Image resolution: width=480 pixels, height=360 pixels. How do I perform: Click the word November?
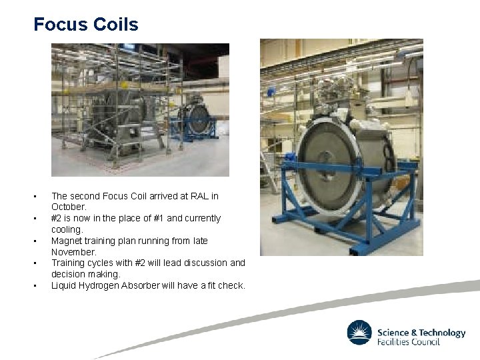pos(73,252)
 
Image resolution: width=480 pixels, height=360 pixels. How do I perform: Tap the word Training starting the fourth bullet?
pos(69,263)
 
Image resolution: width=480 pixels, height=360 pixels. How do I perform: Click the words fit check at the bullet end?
pos(225,285)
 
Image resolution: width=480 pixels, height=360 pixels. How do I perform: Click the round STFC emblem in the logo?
pos(359,333)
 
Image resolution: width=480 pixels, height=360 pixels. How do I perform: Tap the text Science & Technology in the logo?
pos(421,333)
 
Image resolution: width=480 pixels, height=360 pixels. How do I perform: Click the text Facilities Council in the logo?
pos(408,342)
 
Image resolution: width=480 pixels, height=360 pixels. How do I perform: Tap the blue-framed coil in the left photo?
pos(197,120)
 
